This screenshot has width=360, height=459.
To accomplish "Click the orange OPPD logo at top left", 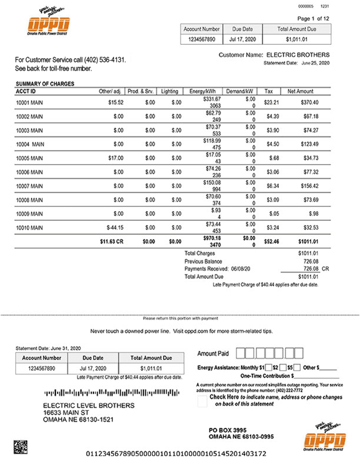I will point(48,24).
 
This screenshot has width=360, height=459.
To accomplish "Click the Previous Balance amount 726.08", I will point(308,261).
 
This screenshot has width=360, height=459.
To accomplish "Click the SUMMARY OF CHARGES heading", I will point(45,84).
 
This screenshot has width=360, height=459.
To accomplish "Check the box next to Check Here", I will point(202,400).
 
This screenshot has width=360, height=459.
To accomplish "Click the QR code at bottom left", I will point(21,444).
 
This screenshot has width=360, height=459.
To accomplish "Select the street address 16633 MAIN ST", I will point(69,413).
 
